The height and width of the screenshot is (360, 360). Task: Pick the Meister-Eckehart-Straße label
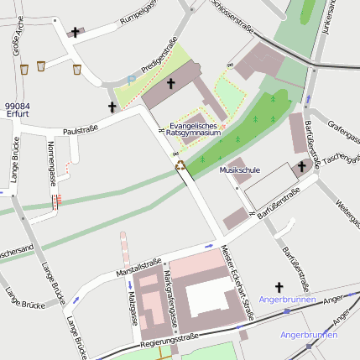pos(237,283)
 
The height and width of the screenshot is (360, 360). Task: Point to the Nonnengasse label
pos(52,163)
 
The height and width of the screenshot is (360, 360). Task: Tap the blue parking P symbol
pos(130,79)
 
